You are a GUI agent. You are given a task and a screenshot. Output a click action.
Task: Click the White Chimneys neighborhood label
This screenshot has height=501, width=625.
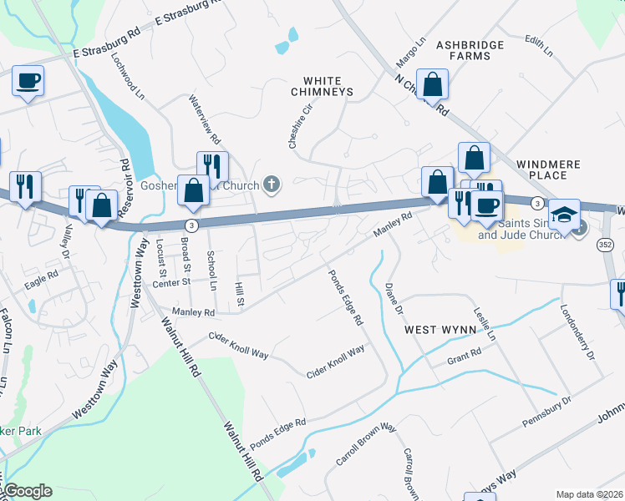coord(322,85)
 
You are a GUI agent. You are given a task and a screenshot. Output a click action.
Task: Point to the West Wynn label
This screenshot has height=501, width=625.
coord(440,330)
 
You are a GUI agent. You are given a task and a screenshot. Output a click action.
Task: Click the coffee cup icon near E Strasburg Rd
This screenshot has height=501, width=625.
coord(28,81)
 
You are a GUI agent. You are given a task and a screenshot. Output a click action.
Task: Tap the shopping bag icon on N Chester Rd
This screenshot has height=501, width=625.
coord(433,84)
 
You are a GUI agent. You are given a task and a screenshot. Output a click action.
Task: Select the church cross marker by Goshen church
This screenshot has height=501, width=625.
coord(271,184)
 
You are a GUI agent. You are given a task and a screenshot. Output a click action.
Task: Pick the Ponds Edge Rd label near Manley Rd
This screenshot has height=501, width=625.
coord(345,296)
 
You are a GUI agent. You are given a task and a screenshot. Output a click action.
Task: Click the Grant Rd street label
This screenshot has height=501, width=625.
coord(465,357)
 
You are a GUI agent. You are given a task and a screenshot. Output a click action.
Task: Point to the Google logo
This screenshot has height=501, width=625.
coord(28,491)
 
